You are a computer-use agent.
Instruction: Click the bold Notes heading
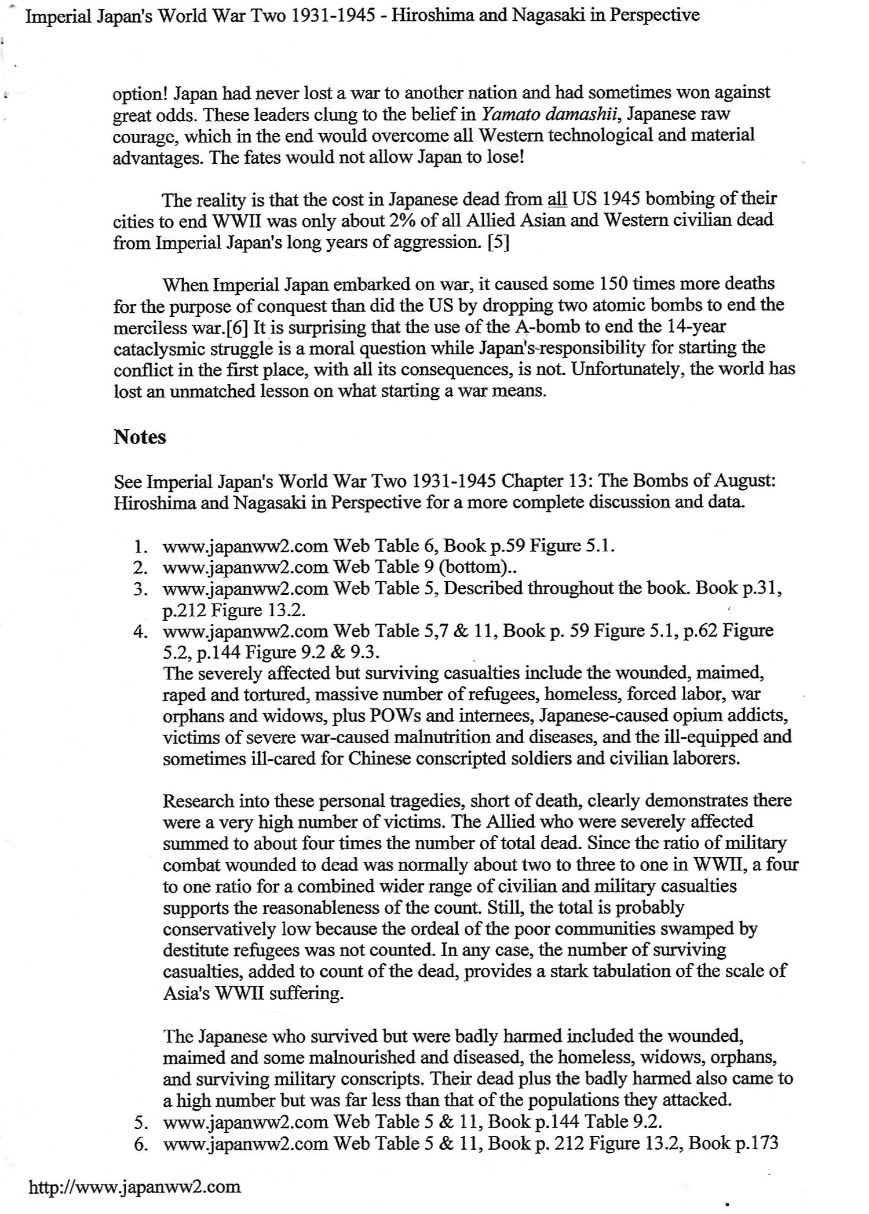tap(140, 437)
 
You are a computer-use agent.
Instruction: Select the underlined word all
tap(557, 200)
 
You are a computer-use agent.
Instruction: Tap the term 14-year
tap(696, 327)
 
